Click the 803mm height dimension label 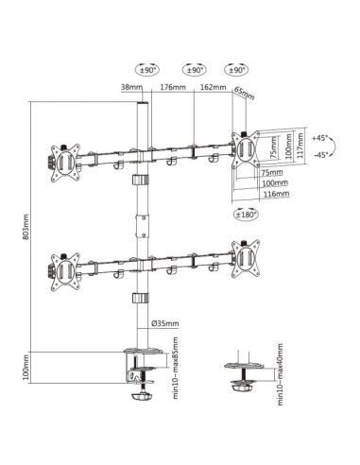click(26, 227)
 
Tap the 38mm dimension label click(131, 87)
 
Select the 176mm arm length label click(173, 87)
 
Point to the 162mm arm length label click(214, 87)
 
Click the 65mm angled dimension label click(245, 94)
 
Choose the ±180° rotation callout click(246, 215)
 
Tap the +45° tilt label click(320, 138)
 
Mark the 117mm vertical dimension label click(300, 146)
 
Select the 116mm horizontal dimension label click(276, 194)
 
